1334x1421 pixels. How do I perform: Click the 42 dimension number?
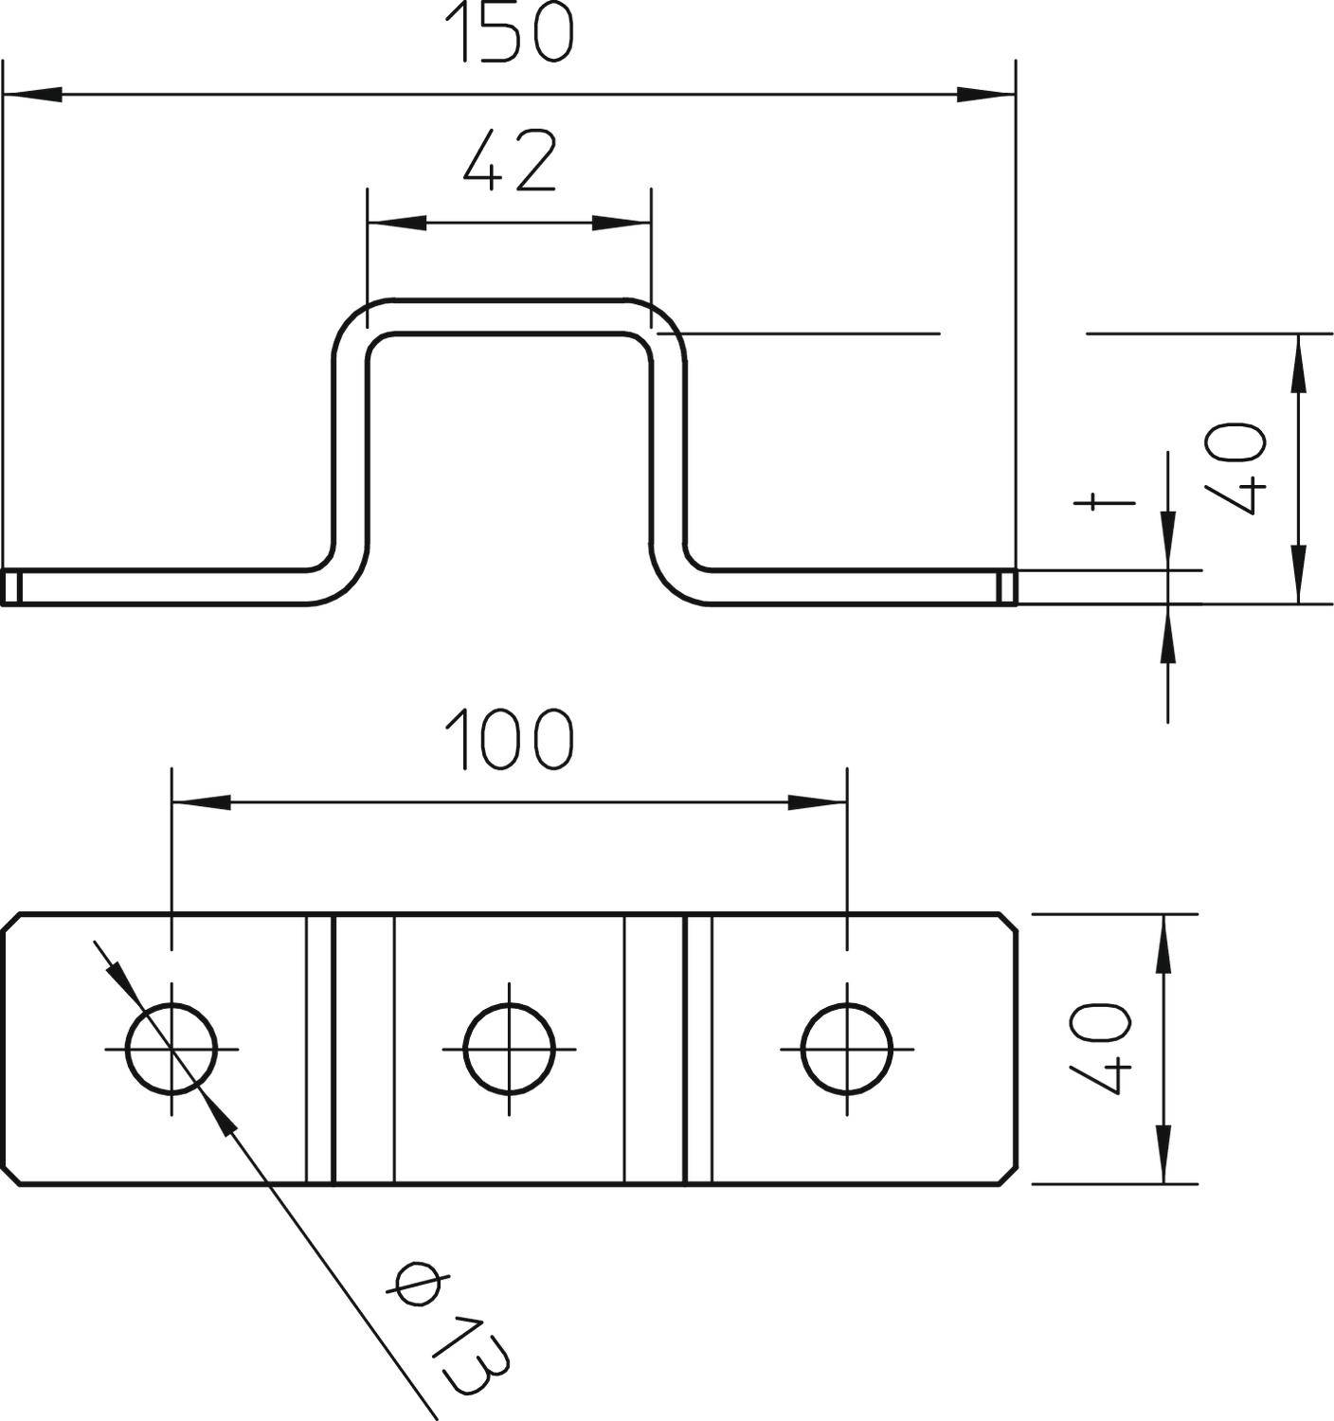point(509,161)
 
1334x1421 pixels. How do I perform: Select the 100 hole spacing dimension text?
point(509,739)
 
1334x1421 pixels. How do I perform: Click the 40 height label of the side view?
point(1235,468)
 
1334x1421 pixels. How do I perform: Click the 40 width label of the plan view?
point(1101,1049)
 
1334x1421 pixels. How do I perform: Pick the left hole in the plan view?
point(171,1049)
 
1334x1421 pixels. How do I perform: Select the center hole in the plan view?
point(510,1049)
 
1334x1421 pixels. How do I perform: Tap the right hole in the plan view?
point(847,1049)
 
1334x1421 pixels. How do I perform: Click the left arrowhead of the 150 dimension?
point(32,95)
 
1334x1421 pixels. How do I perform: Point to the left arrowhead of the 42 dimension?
point(396,224)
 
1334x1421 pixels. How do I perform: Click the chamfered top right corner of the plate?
point(1010,923)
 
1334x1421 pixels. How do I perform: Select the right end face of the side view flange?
point(1007,587)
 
